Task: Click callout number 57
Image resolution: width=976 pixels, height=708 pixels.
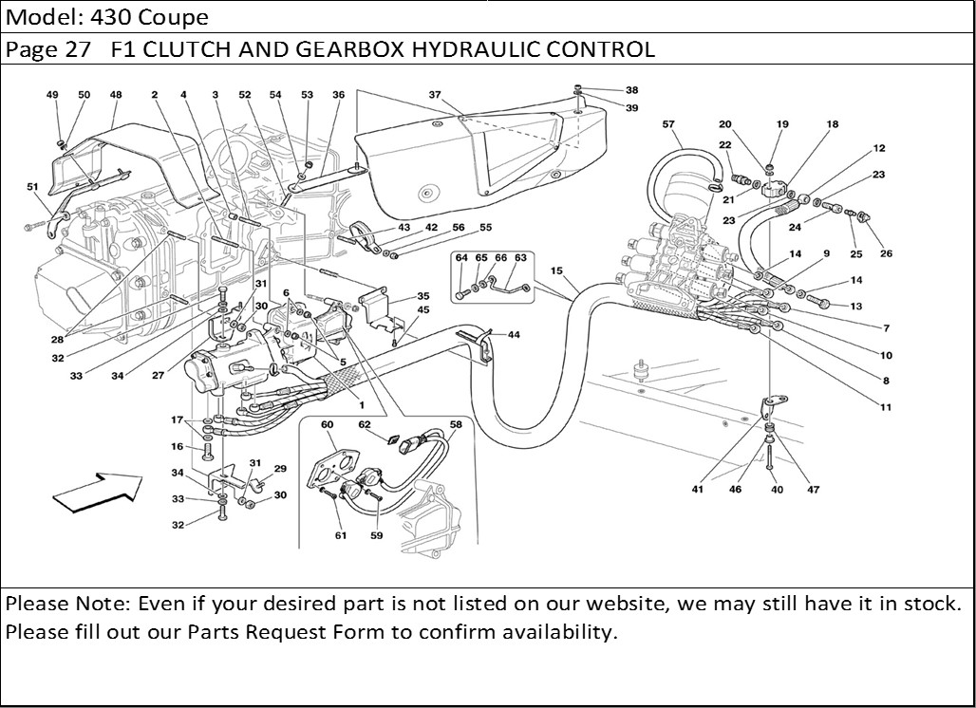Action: tap(668, 124)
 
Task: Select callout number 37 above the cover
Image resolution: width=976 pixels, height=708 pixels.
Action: tap(435, 95)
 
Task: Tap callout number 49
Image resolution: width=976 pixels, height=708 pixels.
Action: tap(52, 95)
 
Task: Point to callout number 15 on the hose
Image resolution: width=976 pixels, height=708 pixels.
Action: tap(556, 271)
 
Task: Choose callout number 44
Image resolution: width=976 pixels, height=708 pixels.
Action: tap(514, 335)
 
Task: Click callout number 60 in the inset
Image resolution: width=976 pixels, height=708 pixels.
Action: tap(327, 424)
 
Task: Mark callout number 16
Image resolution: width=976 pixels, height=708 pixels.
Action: tap(177, 446)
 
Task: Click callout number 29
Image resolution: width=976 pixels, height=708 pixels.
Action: tap(280, 469)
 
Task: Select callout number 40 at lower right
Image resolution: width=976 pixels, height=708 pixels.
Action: tap(777, 490)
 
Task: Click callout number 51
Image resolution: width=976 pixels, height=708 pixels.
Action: tap(32, 187)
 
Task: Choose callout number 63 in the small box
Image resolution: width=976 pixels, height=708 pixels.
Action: tap(520, 257)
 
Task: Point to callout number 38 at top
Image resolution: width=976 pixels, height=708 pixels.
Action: tap(631, 90)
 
